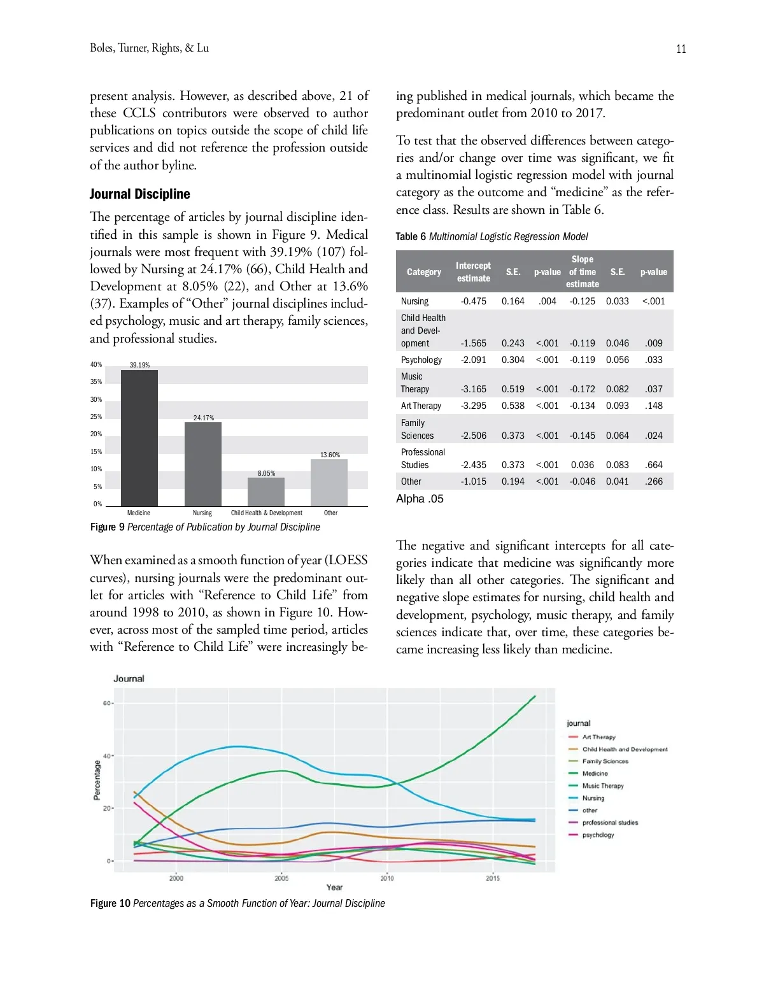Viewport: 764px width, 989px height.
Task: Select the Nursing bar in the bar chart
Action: click(203, 464)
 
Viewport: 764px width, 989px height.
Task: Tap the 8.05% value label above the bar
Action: click(266, 473)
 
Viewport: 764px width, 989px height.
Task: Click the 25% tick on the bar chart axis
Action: click(96, 416)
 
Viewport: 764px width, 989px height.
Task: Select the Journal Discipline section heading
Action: click(140, 194)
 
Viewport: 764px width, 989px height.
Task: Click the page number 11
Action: click(681, 49)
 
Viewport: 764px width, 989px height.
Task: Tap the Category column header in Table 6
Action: click(423, 272)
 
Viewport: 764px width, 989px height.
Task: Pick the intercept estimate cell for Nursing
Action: click(473, 301)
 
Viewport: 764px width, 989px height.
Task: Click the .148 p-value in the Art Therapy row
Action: click(653, 406)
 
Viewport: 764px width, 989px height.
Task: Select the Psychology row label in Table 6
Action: click(421, 360)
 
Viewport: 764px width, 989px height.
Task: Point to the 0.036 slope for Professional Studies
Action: click(583, 465)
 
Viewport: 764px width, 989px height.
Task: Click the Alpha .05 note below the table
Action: click(420, 499)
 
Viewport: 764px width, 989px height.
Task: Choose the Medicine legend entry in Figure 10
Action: click(595, 774)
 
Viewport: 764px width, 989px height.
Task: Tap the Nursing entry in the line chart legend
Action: click(593, 798)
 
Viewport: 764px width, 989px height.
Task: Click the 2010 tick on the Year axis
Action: click(387, 878)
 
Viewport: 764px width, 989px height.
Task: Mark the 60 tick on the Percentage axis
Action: click(106, 703)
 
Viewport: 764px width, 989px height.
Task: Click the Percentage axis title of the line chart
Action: click(97, 779)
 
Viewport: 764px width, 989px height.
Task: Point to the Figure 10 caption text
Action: click(237, 903)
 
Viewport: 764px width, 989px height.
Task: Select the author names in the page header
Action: click(149, 48)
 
